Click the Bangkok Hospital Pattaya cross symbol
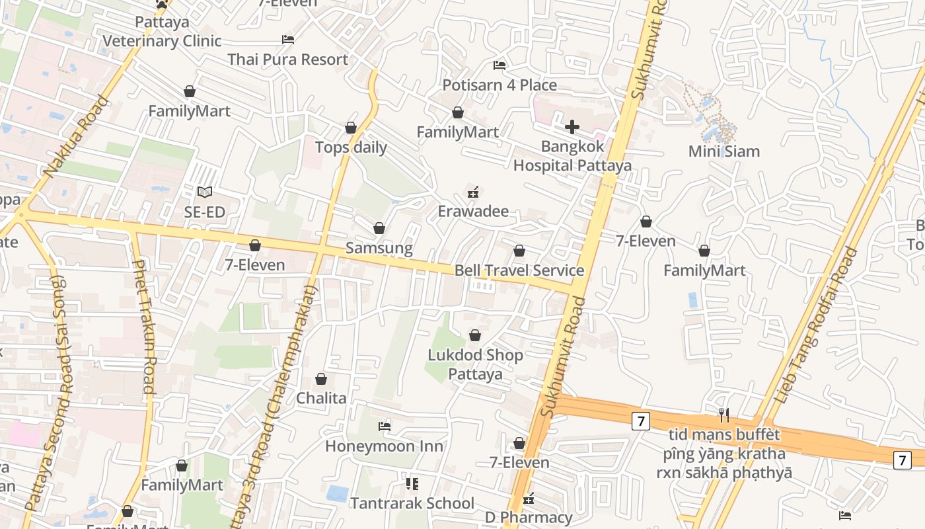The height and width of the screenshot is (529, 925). click(572, 127)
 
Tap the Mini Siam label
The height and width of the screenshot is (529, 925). click(724, 151)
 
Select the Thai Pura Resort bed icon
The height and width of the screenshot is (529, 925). click(288, 40)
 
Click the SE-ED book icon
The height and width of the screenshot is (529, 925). click(205, 192)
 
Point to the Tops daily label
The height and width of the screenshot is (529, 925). click(351, 147)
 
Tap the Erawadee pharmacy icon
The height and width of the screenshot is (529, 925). click(473, 192)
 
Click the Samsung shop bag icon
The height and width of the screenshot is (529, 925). click(379, 229)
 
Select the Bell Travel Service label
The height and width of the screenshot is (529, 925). click(519, 270)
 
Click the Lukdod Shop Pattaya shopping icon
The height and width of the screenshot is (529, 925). click(475, 336)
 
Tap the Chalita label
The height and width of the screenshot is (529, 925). click(321, 398)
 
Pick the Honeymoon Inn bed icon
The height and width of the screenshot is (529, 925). click(385, 427)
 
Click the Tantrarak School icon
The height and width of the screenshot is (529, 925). click(412, 484)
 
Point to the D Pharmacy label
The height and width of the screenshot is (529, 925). click(529, 517)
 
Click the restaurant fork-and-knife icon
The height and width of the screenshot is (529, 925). click(724, 415)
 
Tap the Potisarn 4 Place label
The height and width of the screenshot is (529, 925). click(499, 85)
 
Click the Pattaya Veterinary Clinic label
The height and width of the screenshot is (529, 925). click(162, 32)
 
